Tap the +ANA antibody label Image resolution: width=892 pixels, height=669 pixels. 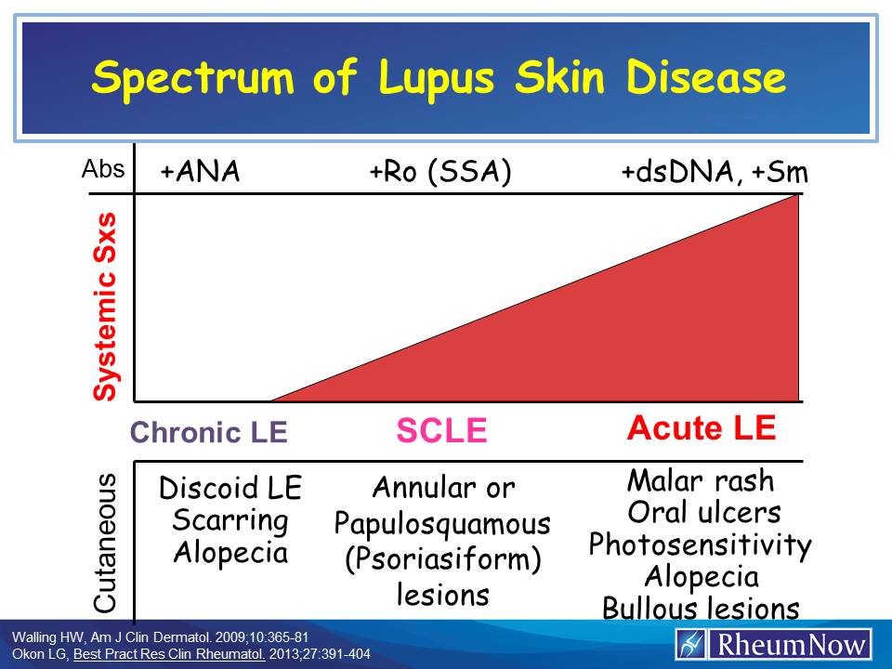(200, 173)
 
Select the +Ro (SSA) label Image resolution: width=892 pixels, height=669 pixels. (440, 173)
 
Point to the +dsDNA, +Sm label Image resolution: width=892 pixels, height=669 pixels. (715, 173)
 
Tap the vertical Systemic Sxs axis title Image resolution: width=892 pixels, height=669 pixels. (108, 307)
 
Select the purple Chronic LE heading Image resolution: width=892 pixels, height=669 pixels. (209, 432)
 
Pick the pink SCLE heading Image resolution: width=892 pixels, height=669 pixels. (441, 430)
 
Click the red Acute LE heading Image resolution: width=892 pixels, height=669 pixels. (702, 428)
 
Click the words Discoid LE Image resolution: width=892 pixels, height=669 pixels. (230, 489)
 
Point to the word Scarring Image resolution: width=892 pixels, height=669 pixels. (230, 520)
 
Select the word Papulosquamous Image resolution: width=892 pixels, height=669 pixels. (442, 524)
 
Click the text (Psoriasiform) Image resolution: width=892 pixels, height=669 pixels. (442, 559)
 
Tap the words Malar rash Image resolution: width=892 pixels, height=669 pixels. (701, 480)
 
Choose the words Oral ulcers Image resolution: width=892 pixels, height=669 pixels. (703, 512)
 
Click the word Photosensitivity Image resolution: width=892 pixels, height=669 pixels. (701, 544)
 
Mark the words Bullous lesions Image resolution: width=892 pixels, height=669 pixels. (701, 609)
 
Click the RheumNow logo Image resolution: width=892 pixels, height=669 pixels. (774, 644)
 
